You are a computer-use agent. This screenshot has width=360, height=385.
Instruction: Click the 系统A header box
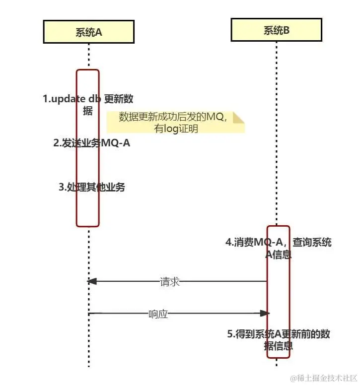[88, 32]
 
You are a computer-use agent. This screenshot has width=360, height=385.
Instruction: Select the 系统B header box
[276, 30]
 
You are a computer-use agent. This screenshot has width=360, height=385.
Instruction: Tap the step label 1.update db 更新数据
[88, 105]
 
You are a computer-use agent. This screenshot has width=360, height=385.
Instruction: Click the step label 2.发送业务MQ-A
[92, 143]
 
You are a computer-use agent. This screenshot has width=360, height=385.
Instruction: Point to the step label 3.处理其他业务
[92, 187]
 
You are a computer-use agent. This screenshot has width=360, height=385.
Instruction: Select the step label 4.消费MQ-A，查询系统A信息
[278, 249]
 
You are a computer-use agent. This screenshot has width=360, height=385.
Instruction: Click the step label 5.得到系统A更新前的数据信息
[278, 340]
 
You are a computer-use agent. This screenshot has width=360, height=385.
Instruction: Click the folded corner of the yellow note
[239, 117]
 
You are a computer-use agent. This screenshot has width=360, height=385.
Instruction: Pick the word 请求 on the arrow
[169, 282]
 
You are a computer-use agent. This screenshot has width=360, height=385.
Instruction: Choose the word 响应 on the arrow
[158, 314]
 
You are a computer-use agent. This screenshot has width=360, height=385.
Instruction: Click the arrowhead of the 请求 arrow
[91, 281]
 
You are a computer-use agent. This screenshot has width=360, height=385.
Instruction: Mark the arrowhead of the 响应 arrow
[266, 313]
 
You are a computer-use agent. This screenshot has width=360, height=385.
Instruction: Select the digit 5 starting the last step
[230, 334]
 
